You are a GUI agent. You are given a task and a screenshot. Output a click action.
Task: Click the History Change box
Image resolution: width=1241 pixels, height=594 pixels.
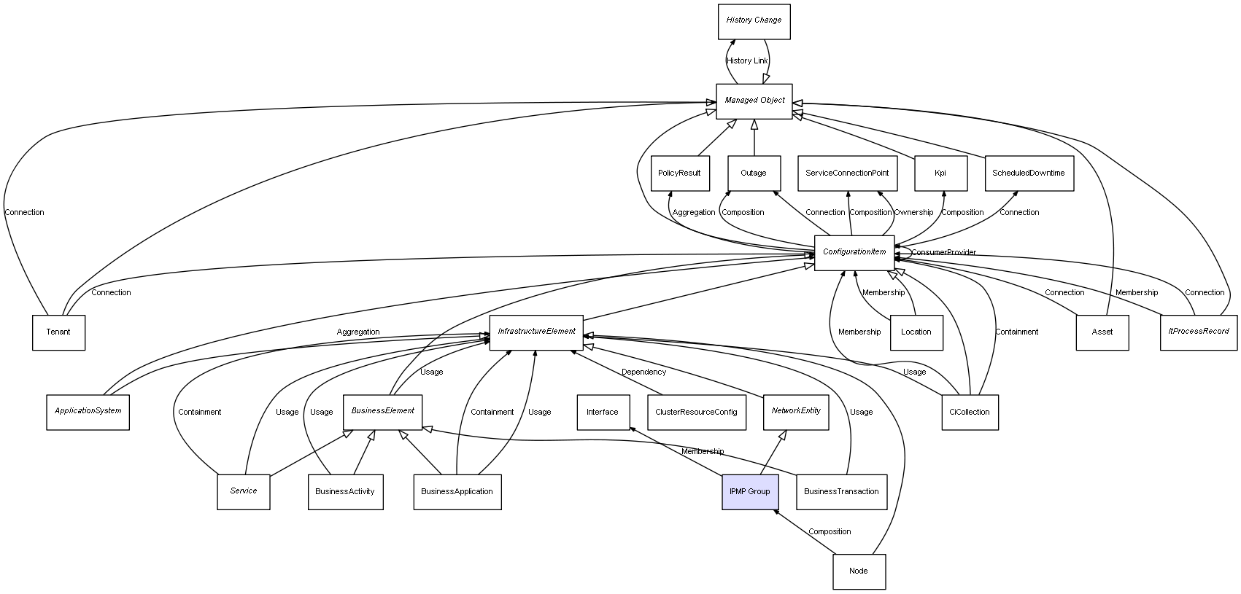[754, 21]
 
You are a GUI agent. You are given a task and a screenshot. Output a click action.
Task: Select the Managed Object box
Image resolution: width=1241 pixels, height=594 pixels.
[754, 101]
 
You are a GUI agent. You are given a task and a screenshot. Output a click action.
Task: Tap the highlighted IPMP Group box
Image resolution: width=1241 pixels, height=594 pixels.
[749, 491]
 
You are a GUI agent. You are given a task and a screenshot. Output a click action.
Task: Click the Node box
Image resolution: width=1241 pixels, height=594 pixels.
[859, 571]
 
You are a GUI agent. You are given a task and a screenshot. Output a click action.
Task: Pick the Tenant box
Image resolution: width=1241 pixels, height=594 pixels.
[58, 332]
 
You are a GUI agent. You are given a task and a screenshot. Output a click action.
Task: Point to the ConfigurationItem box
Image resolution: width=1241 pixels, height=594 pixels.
[854, 252]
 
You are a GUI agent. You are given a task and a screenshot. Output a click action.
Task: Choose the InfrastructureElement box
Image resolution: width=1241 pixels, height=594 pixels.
[536, 332]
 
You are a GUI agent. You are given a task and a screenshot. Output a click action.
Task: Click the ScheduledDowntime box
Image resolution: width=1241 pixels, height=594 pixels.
[1029, 173]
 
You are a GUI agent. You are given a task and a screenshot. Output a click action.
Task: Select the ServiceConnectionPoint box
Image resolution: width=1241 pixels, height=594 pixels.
[847, 173]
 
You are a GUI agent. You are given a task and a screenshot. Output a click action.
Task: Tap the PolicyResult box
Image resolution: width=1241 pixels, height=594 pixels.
[679, 173]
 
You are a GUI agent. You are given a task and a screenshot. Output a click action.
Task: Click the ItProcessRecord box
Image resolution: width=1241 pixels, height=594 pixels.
[1199, 332]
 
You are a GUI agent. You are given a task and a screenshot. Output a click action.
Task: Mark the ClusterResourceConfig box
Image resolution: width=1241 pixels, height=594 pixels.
[696, 412]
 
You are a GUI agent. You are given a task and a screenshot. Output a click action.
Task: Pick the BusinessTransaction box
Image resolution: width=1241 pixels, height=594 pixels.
[841, 491]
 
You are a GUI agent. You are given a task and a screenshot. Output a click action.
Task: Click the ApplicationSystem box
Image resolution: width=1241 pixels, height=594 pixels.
[88, 411]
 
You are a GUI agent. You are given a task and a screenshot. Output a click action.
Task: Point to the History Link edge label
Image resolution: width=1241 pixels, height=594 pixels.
[747, 61]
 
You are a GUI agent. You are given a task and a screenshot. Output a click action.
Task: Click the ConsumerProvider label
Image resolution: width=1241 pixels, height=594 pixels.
[943, 253]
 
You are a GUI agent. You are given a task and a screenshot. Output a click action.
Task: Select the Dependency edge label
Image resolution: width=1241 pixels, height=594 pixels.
[643, 372]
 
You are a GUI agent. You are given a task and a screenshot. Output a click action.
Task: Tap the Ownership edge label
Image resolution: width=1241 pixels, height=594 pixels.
[913, 213]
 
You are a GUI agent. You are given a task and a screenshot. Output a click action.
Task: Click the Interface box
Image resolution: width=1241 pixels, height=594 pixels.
[603, 412]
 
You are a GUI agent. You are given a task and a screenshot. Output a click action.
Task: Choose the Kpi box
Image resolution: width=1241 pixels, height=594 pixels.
[940, 173]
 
